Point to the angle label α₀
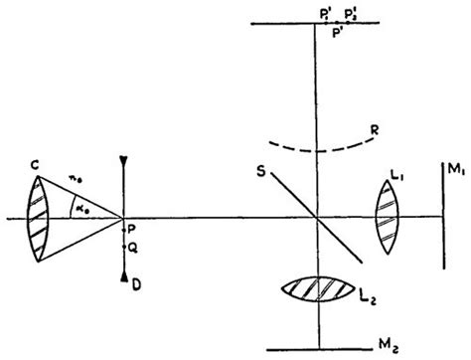(x=77, y=207)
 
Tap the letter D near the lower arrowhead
(x=134, y=286)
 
